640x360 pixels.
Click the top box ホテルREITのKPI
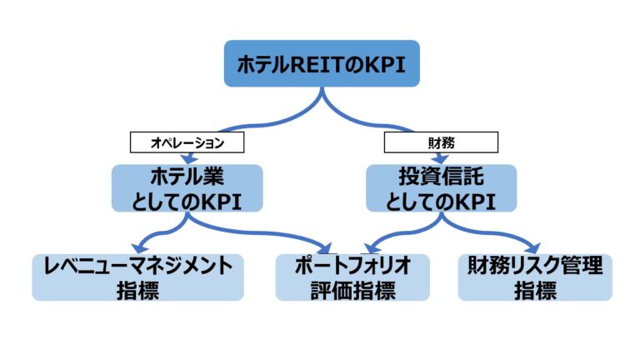tap(322, 63)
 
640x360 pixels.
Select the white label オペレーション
tap(187, 143)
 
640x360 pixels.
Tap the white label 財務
tap(441, 143)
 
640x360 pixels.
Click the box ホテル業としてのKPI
tap(187, 187)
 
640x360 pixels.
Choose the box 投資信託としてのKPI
tap(441, 187)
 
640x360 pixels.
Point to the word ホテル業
tap(187, 176)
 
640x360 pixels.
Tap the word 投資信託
tap(441, 176)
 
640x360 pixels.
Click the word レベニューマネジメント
tap(138, 266)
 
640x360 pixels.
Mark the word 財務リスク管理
tap(535, 266)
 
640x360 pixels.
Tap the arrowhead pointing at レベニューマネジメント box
tap(137, 248)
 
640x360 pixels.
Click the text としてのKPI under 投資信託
tap(441, 200)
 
